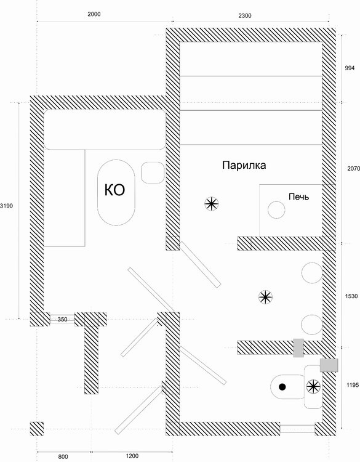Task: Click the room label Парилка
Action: tap(244, 165)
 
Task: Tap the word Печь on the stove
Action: tap(299, 197)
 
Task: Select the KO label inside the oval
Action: tap(115, 190)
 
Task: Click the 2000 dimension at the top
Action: tap(94, 14)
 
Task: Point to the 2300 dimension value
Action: tap(244, 15)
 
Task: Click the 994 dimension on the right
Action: tap(350, 68)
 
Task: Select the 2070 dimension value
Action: tap(353, 169)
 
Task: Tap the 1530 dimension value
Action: tap(351, 296)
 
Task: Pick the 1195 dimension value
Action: tap(353, 385)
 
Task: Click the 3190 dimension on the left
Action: tap(7, 206)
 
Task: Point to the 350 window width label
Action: tap(62, 319)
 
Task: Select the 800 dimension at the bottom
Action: tap(63, 456)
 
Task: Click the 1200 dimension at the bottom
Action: tap(132, 456)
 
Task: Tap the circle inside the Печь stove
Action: tap(276, 210)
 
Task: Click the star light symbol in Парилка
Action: tap(212, 204)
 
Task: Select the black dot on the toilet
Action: tap(282, 387)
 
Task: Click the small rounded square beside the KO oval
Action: tap(153, 172)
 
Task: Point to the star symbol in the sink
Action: tap(313, 387)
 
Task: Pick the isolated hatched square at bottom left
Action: tap(37, 429)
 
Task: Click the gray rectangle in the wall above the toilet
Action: tap(298, 348)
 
